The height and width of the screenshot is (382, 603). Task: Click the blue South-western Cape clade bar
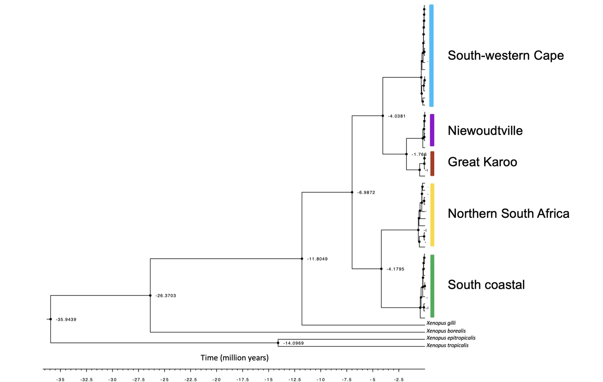pos(431,56)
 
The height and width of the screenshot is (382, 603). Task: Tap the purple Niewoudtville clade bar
pos(432,130)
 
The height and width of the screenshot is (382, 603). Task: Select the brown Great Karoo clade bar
pos(432,163)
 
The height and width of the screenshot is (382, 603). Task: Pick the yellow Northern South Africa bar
pos(432,215)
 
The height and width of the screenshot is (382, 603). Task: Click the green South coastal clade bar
pos(432,286)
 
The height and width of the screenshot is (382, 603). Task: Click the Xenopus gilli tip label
pos(441,323)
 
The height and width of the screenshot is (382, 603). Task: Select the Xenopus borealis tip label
pos(446,331)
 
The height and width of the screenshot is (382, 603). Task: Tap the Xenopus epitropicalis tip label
pos(451,338)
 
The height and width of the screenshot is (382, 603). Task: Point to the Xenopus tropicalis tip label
pos(447,345)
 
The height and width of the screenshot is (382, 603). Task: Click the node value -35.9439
pos(66,319)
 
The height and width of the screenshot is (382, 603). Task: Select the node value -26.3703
pos(165,296)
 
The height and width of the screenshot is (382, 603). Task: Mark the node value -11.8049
pos(317,259)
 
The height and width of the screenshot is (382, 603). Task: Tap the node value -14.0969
pos(293,343)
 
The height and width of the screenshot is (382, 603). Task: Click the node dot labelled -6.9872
pos(352,192)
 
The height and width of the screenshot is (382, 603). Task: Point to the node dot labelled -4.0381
pos(383,116)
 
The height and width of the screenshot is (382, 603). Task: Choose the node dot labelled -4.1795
pos(381,269)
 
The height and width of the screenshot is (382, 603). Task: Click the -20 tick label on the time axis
pos(217,380)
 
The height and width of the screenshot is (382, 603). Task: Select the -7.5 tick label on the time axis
pos(347,380)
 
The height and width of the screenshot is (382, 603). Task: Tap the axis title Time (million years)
pos(235,358)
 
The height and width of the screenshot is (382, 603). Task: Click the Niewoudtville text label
pos(485,131)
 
